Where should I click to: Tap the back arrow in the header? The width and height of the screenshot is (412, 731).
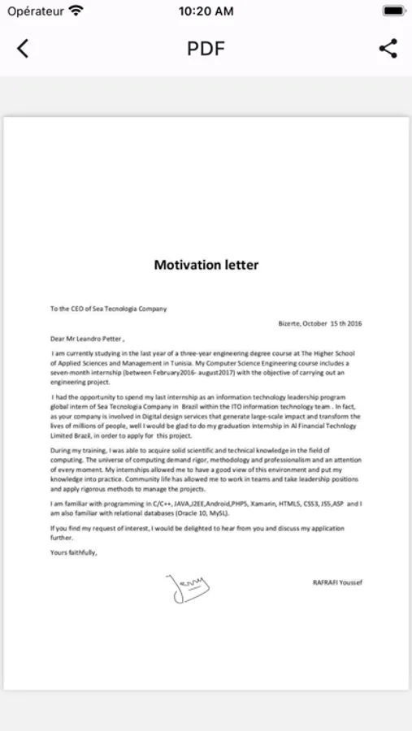[23, 49]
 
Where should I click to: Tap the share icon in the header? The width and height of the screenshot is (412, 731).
[388, 49]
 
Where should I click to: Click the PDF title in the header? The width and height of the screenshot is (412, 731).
[206, 49]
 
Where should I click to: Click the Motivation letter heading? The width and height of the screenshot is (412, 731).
[206, 265]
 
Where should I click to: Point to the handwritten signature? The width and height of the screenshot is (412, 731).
[187, 586]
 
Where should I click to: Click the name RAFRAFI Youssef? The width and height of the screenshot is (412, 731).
[337, 582]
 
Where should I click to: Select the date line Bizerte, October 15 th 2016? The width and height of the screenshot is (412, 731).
[319, 323]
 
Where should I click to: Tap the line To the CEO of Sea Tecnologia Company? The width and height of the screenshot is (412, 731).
[108, 309]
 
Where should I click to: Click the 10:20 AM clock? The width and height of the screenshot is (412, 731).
[206, 11]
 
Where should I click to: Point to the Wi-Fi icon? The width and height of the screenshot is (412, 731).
[76, 11]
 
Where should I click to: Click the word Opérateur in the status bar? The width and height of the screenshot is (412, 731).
[36, 11]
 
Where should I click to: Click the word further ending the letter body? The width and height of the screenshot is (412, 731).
[62, 537]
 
